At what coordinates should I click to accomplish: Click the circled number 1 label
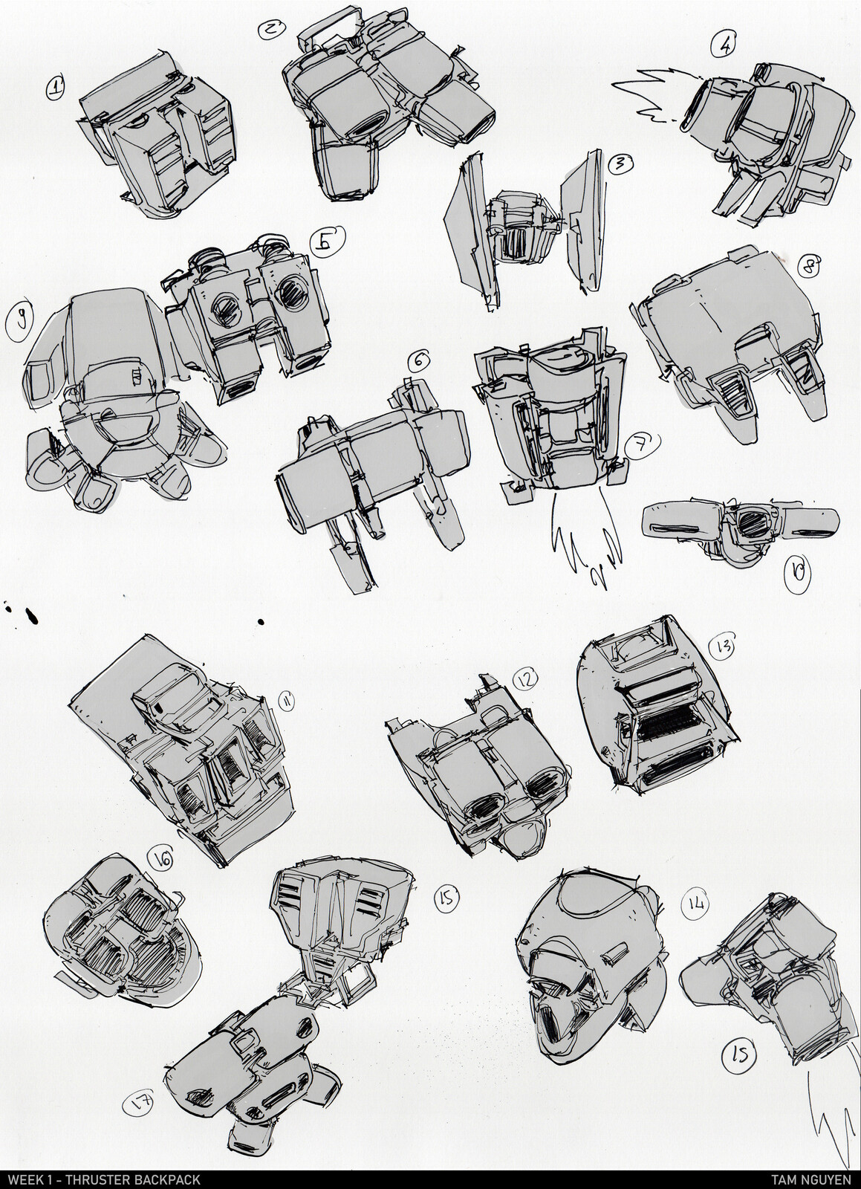point(55,87)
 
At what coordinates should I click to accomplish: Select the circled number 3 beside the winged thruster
point(619,164)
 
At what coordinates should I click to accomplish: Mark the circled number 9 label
point(19,320)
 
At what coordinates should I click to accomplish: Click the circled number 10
point(798,574)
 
